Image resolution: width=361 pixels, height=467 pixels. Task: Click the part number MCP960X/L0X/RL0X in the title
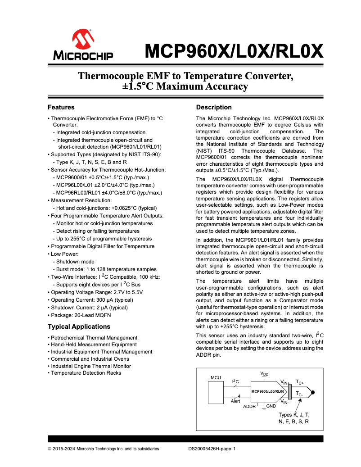click(x=234, y=51)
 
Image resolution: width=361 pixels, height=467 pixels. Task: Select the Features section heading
click(x=61, y=107)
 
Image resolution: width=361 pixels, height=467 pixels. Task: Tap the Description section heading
click(x=214, y=107)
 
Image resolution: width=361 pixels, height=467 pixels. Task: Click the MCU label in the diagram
click(x=216, y=377)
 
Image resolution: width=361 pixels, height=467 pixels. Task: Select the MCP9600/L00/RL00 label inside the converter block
click(x=267, y=391)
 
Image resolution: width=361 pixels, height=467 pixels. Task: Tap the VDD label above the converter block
click(x=264, y=374)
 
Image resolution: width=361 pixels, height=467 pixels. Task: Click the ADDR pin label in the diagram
click(x=249, y=406)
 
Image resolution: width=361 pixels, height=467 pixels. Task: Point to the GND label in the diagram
click(x=271, y=406)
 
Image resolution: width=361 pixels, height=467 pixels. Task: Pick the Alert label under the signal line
click(x=235, y=400)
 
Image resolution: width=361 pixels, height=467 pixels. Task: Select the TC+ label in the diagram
click(x=300, y=382)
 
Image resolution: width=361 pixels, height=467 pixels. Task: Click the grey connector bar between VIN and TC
click(x=290, y=391)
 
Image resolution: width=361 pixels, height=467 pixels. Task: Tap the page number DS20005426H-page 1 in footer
click(x=212, y=449)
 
